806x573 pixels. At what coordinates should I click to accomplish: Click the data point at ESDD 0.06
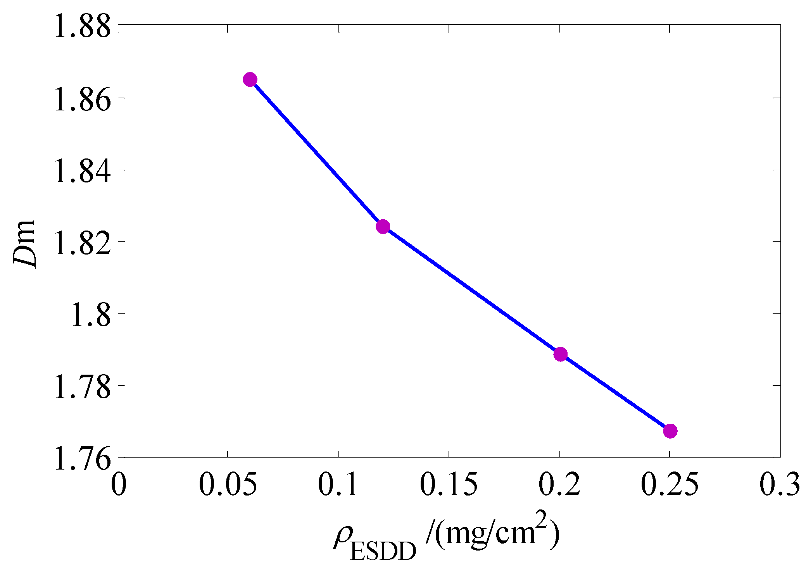coord(250,80)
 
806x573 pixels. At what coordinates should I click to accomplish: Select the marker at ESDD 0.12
coord(383,227)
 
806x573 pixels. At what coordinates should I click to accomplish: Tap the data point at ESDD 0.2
coord(560,354)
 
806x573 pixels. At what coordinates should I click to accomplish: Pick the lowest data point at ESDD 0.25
coord(670,431)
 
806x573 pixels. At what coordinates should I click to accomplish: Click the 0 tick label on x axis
coord(119,484)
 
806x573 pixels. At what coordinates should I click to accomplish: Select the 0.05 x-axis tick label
coord(228,484)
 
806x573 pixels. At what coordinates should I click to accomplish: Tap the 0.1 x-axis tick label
coord(338,484)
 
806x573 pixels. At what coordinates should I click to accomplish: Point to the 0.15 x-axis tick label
coord(449,484)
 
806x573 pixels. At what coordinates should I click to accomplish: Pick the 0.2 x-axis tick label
coord(559,484)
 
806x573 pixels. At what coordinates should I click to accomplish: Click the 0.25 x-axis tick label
coord(670,484)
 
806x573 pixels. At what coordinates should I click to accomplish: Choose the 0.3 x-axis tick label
coord(779,484)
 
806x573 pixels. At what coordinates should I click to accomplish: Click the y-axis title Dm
coord(24,244)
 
